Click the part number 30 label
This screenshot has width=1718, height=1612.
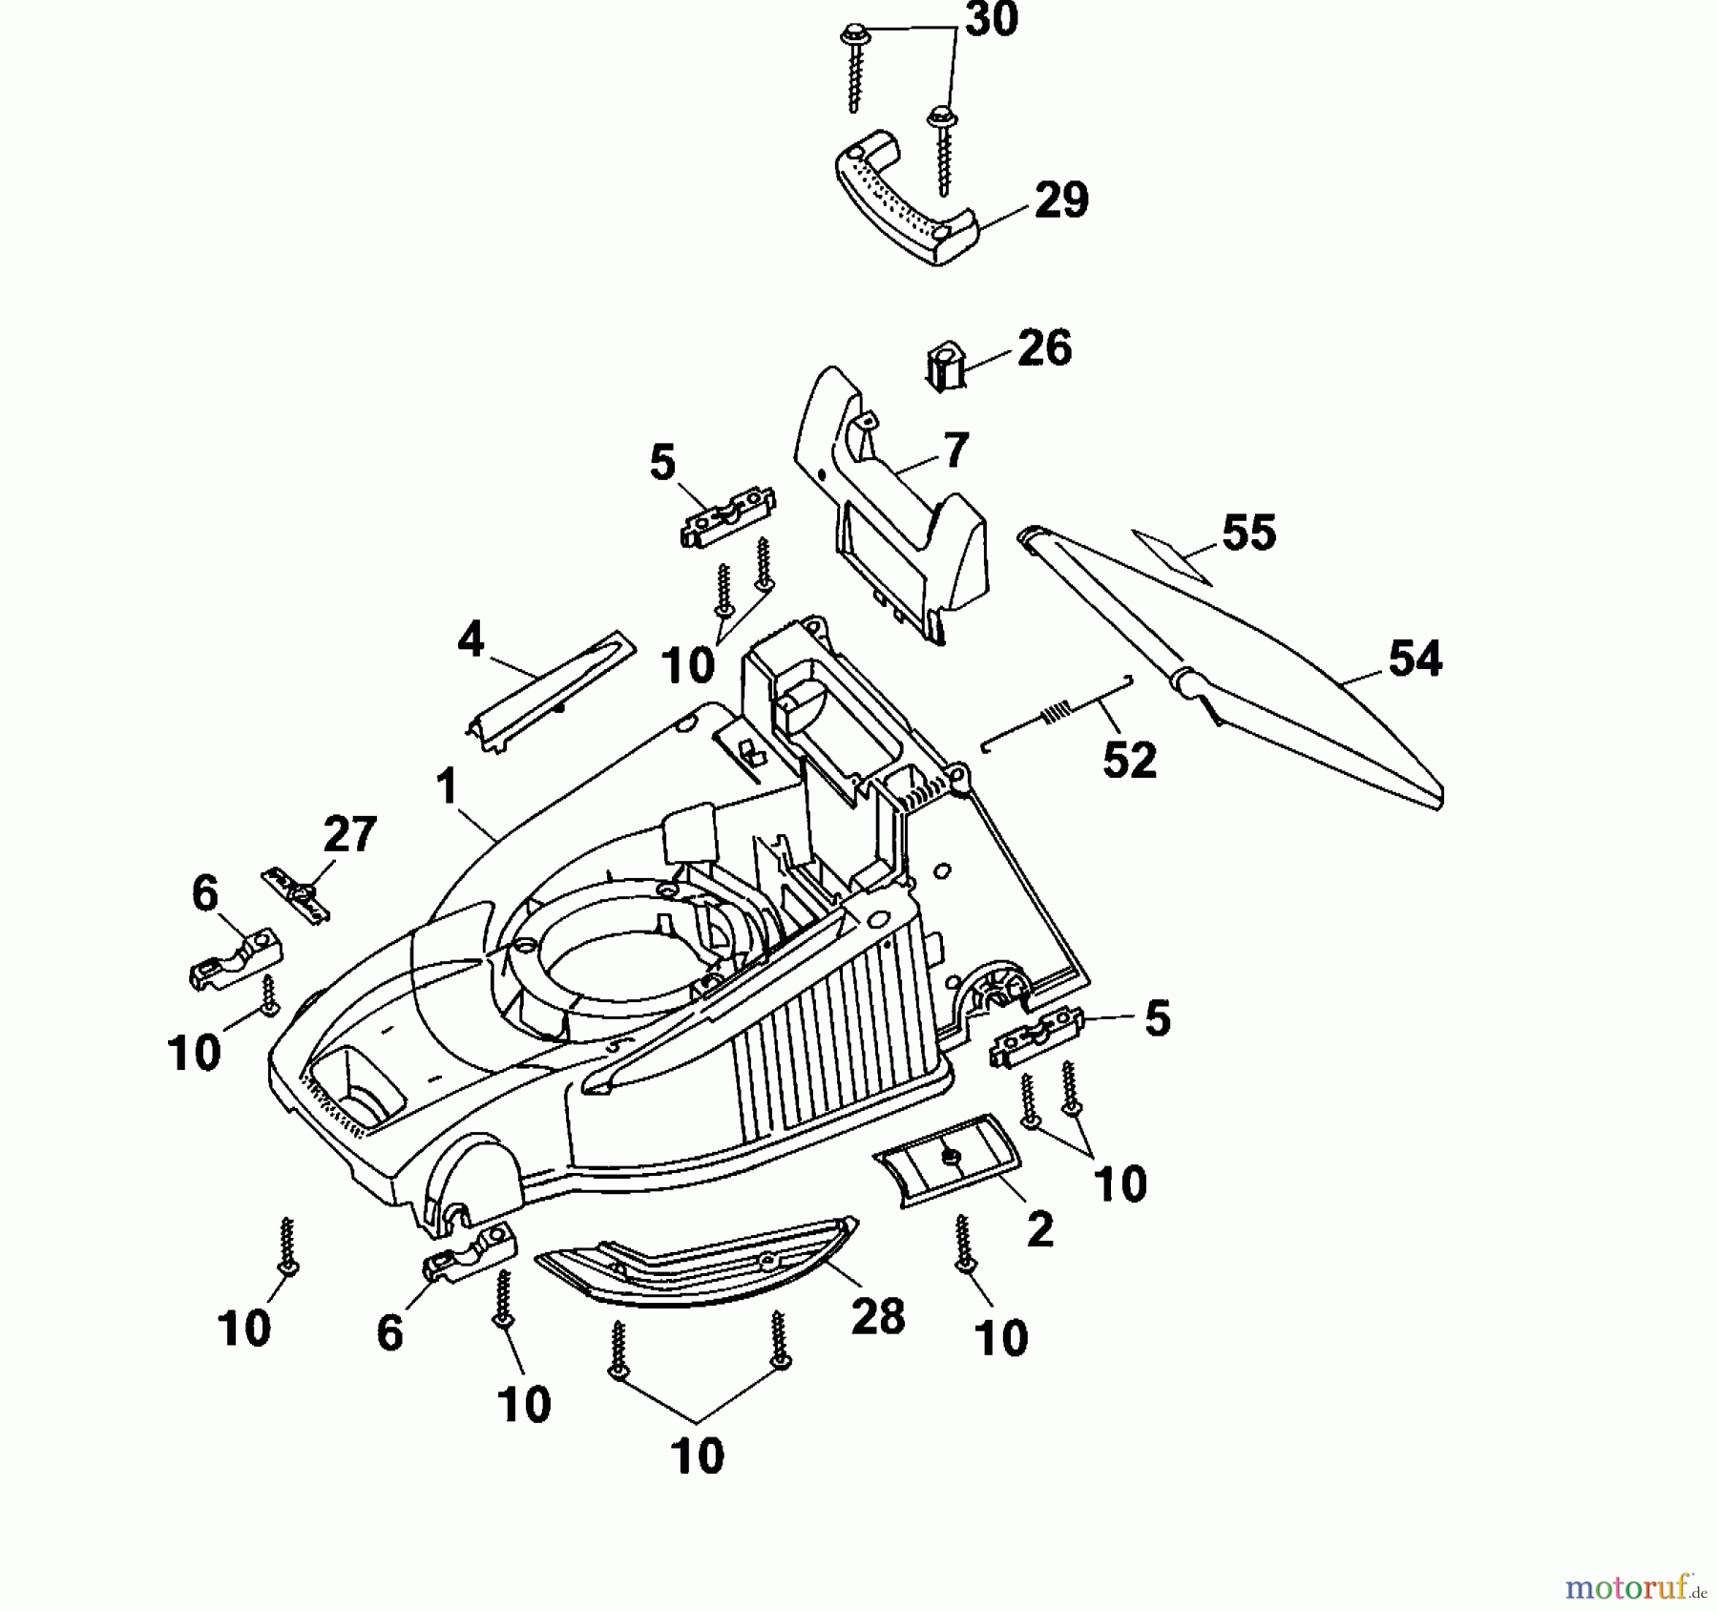tap(992, 21)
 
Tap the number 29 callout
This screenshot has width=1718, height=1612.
tap(1060, 201)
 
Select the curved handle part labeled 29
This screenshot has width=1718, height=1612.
tap(902, 196)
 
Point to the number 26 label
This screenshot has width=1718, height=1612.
tap(1044, 348)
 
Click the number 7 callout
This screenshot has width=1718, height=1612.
tap(955, 450)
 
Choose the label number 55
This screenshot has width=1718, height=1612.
tap(1248, 533)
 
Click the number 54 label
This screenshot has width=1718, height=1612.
tap(1414, 659)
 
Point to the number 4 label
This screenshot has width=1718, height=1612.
tap(471, 639)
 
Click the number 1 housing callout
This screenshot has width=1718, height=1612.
tap(446, 788)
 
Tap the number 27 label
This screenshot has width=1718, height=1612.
tap(349, 835)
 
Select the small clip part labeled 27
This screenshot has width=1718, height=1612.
tap(298, 891)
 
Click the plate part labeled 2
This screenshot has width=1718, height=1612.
tap(948, 1159)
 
